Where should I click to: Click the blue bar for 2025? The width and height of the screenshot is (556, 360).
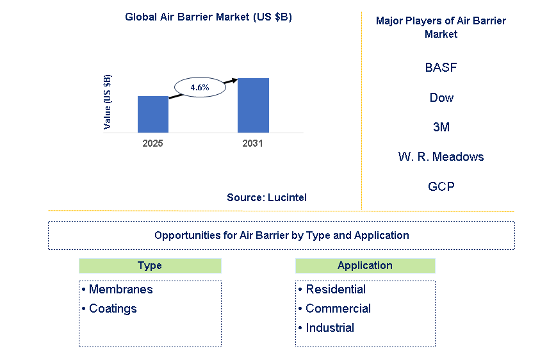[x=153, y=115]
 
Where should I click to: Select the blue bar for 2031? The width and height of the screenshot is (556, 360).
[x=253, y=106]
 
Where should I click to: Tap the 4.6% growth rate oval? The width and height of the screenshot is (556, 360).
[x=199, y=87]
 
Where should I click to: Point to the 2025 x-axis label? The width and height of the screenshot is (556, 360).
[x=152, y=143]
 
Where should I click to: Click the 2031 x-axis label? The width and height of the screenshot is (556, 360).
[x=252, y=143]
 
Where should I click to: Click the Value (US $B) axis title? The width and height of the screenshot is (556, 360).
[x=108, y=102]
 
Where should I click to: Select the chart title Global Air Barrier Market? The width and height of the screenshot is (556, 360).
[x=208, y=17]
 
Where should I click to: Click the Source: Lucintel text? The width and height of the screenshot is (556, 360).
[x=266, y=197]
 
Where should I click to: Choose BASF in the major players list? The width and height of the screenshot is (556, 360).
[x=441, y=67]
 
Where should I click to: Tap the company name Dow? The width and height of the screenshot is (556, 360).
[x=441, y=97]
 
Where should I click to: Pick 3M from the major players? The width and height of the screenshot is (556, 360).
[x=441, y=127]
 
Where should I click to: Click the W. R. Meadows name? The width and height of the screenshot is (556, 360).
[x=441, y=156]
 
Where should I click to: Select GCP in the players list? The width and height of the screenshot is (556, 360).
[x=441, y=186]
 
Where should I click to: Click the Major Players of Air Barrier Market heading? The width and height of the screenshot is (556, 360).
[x=441, y=27]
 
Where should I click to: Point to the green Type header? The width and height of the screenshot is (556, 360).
[x=150, y=265]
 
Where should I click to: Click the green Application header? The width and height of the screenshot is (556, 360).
[x=365, y=265]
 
